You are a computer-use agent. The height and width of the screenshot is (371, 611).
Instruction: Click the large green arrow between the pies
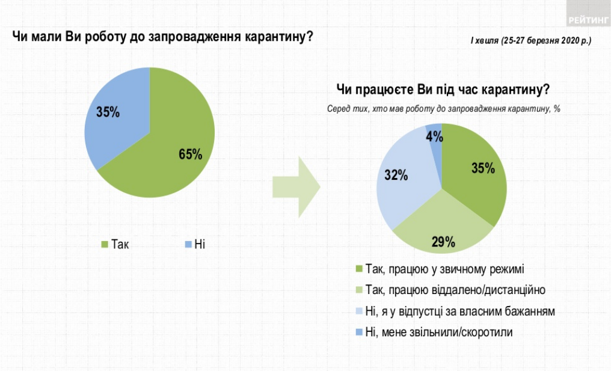pyautogui.click(x=296, y=186)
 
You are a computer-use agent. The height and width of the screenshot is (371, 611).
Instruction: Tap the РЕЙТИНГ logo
pyautogui.click(x=587, y=20)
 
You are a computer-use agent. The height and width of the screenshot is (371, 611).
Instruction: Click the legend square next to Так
pyautogui.click(x=103, y=244)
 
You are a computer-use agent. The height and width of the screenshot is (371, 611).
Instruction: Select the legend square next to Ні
pyautogui.click(x=188, y=244)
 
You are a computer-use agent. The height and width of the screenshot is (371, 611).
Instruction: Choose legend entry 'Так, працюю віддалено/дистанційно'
pyautogui.click(x=455, y=290)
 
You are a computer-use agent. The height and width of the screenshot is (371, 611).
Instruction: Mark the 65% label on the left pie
pyautogui.click(x=190, y=155)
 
